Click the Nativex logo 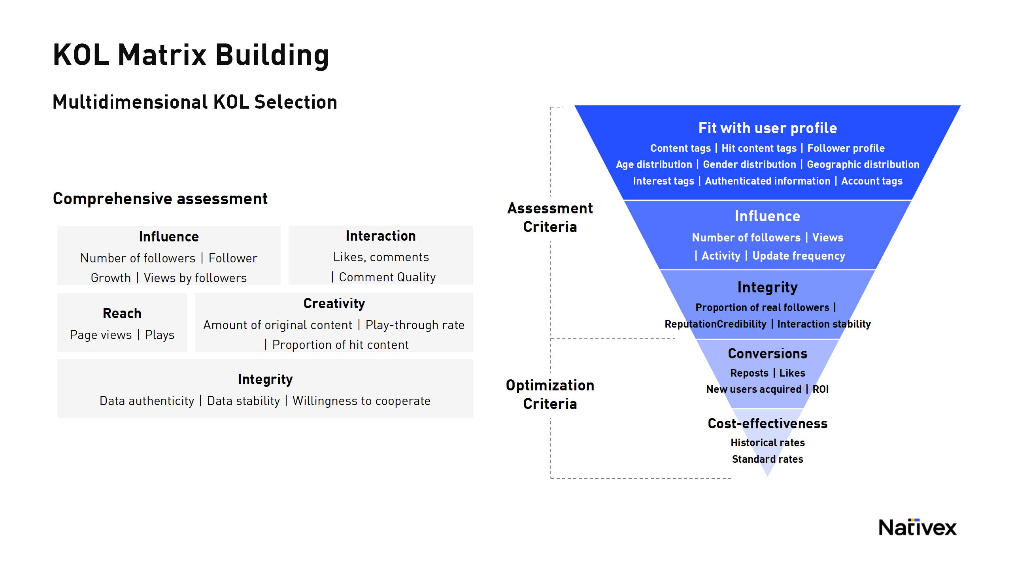(x=917, y=528)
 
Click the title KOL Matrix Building (x=191, y=55)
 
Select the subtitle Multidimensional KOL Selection (x=195, y=102)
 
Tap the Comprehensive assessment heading (x=160, y=199)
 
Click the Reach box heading (x=122, y=313)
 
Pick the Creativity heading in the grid (x=334, y=303)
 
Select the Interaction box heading (x=381, y=236)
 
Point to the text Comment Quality (x=387, y=277)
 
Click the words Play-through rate (x=415, y=325)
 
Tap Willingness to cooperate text (x=361, y=401)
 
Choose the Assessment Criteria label (x=550, y=217)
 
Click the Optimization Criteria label (x=550, y=394)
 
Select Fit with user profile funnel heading (x=767, y=128)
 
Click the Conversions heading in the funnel (x=767, y=354)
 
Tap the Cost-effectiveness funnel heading (x=767, y=424)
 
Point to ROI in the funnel (x=820, y=389)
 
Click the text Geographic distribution (x=863, y=164)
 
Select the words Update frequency (x=799, y=256)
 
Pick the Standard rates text (x=767, y=459)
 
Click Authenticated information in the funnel (x=767, y=181)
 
